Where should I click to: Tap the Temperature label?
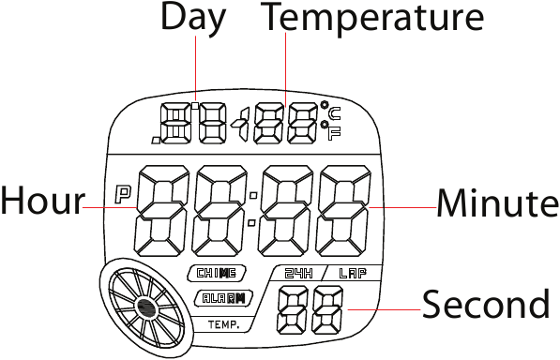tap(373, 16)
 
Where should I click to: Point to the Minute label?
tap(498, 202)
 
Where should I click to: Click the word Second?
tap(485, 305)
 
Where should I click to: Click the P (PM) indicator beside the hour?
tap(122, 195)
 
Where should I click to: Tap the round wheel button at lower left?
tap(145, 306)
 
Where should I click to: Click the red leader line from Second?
tap(380, 307)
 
